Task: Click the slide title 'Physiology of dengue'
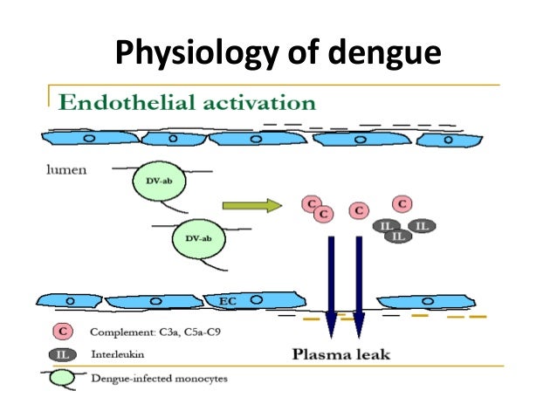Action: click(x=278, y=53)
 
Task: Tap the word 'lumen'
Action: click(x=65, y=170)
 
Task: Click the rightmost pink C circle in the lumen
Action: click(x=402, y=204)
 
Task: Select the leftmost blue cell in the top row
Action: click(x=87, y=138)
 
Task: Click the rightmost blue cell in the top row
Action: click(x=448, y=139)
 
